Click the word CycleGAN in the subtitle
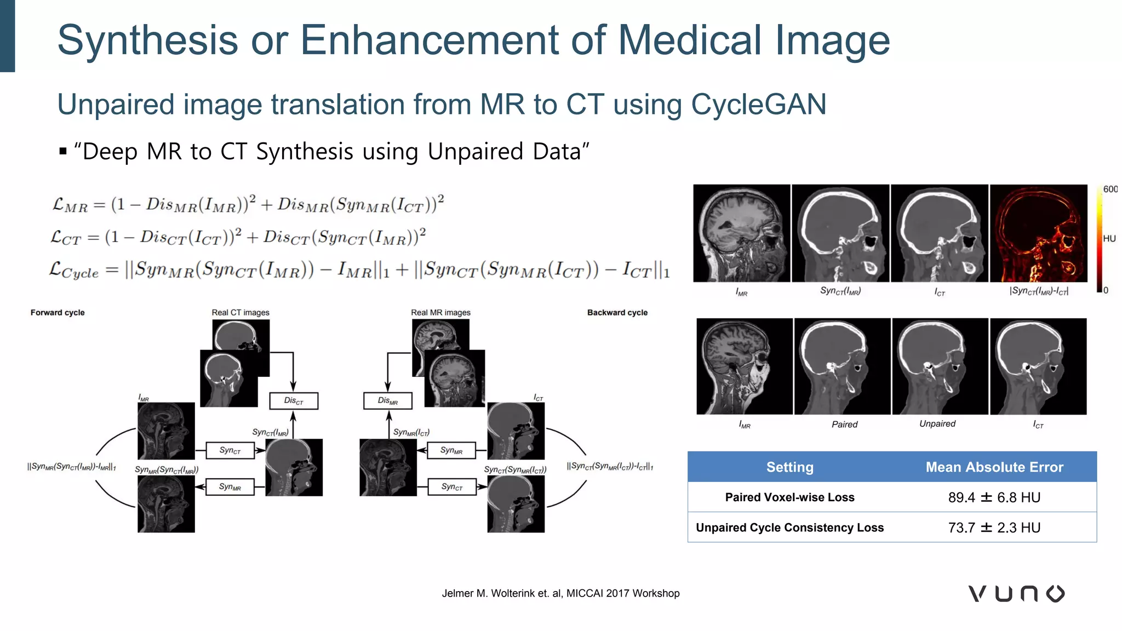(758, 104)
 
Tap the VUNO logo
(1016, 593)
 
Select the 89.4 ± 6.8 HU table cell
(994, 497)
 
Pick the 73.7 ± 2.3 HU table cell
(994, 527)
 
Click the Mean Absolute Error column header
(994, 467)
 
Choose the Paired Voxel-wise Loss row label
(789, 497)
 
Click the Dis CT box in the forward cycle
(294, 401)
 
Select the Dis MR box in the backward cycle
(388, 401)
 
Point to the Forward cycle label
(58, 313)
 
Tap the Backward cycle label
(617, 313)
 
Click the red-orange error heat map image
(1038, 233)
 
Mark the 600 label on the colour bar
(1110, 189)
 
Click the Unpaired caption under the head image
(937, 424)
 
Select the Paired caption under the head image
(844, 425)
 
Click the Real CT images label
(241, 313)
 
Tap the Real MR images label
(440, 313)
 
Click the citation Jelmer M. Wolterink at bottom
(560, 593)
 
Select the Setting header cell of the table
(789, 467)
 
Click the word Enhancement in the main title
(452, 40)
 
